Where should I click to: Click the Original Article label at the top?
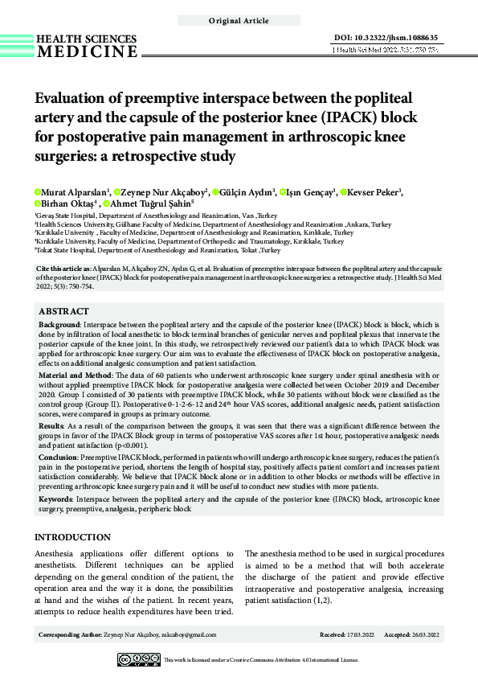(239, 19)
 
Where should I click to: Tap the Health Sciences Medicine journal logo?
(87, 45)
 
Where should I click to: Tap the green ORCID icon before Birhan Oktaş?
(37, 204)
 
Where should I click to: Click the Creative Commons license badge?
(138, 659)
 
